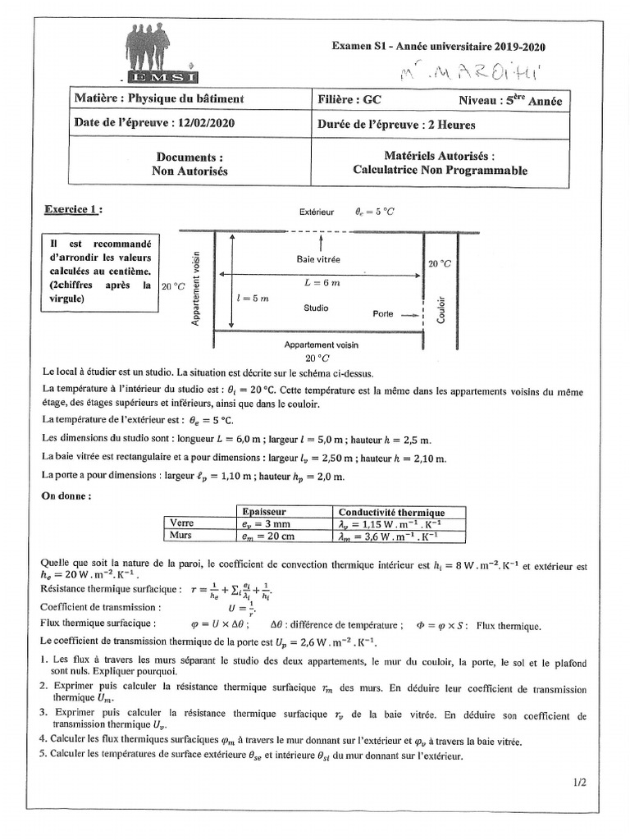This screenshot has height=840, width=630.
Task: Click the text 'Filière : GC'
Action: pyautogui.click(x=349, y=100)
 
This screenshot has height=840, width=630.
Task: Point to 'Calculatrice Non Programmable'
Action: pyautogui.click(x=440, y=171)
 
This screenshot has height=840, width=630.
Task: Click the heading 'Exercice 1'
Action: pyautogui.click(x=74, y=210)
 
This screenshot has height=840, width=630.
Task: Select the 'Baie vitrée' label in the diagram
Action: pyautogui.click(x=318, y=258)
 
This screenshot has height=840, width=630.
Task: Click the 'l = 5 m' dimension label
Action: pyautogui.click(x=252, y=299)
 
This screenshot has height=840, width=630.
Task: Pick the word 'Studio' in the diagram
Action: pyautogui.click(x=316, y=308)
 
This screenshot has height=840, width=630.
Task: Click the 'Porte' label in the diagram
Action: pyautogui.click(x=383, y=313)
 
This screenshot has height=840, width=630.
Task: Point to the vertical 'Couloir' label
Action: pyautogui.click(x=442, y=308)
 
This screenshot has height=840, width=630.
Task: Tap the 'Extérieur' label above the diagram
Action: pyautogui.click(x=317, y=211)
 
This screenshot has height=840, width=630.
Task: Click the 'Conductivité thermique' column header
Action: pyautogui.click(x=391, y=511)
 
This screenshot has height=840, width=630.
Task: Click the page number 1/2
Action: pyautogui.click(x=580, y=783)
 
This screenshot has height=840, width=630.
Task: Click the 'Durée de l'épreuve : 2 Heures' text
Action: pyautogui.click(x=396, y=125)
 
